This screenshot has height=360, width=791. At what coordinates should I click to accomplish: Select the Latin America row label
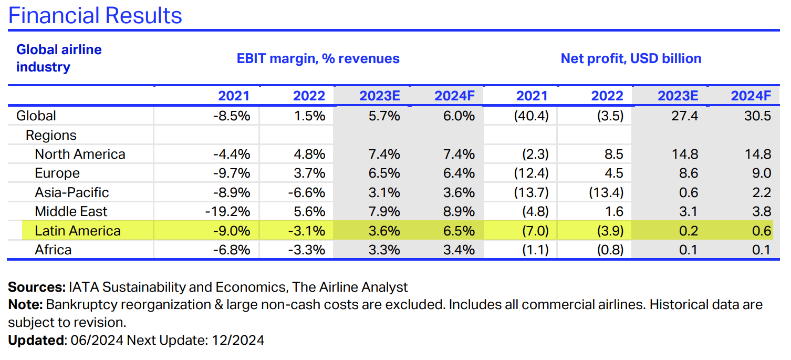coord(77,231)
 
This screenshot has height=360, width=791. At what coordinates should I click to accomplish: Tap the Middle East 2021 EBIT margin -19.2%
coord(227,212)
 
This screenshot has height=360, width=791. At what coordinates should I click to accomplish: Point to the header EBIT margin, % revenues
coord(318,58)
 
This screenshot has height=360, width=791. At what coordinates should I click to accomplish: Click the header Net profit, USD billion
coord(631,58)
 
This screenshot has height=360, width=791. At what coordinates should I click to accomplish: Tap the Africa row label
coord(53,250)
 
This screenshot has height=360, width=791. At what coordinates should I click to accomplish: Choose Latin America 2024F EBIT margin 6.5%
coord(455,231)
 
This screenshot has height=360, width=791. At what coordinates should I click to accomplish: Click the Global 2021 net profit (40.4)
coord(530,116)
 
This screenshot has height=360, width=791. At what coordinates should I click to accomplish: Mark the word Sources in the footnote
coord(35,287)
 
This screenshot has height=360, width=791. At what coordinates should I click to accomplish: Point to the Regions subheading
coord(51,135)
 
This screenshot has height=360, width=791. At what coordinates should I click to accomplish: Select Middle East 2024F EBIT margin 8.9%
coord(455,212)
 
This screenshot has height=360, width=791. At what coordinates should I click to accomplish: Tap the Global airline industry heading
coord(58,58)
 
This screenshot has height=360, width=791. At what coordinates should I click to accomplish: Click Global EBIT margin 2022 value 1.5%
coord(310,116)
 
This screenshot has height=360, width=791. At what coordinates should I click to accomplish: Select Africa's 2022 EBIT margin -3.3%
coord(307,250)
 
